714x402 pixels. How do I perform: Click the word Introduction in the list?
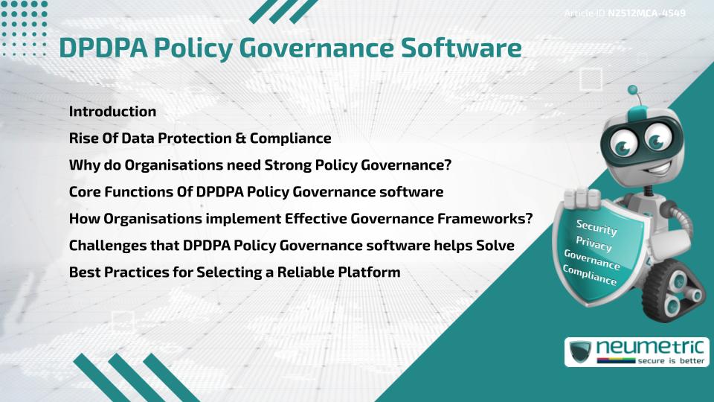click(x=112, y=112)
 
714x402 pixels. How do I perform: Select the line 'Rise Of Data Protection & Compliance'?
click(x=199, y=138)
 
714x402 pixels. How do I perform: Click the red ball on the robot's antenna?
click(x=633, y=91)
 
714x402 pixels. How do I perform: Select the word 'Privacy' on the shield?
click(x=594, y=245)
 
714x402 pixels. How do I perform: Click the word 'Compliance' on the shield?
click(x=590, y=275)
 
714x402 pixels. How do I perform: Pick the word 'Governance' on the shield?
click(x=592, y=260)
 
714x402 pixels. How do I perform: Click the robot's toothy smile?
click(x=629, y=165)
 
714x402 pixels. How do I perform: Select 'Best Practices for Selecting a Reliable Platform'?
click(x=234, y=272)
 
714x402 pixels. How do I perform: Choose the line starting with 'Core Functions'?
click(x=256, y=192)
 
